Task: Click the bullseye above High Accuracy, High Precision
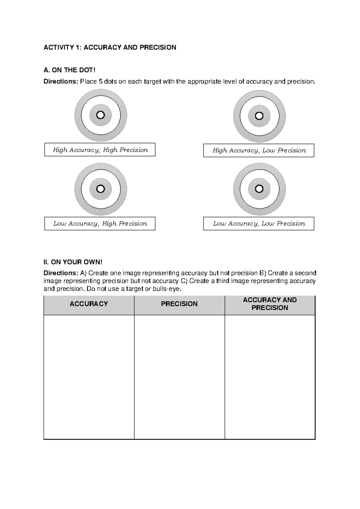pos(100,115)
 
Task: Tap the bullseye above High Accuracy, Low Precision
pos(259,116)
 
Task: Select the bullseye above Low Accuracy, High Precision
pos(100,189)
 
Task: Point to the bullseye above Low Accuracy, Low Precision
pos(259,189)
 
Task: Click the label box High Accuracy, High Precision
pos(100,150)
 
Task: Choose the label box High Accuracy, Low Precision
pos(259,150)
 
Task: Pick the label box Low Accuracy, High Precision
pos(100,224)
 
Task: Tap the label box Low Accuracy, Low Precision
pos(259,224)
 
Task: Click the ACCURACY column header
pos(89,304)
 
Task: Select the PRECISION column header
pos(179,304)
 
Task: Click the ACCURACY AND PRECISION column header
pos(270,304)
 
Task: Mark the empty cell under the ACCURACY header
pos(89,377)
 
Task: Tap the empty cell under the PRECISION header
pos(179,377)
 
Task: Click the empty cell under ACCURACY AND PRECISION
pos(270,377)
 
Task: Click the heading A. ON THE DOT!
pos(69,70)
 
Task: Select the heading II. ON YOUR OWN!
pos(73,262)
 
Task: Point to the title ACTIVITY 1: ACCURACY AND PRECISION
pos(110,47)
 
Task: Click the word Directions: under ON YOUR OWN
pos(61,273)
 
